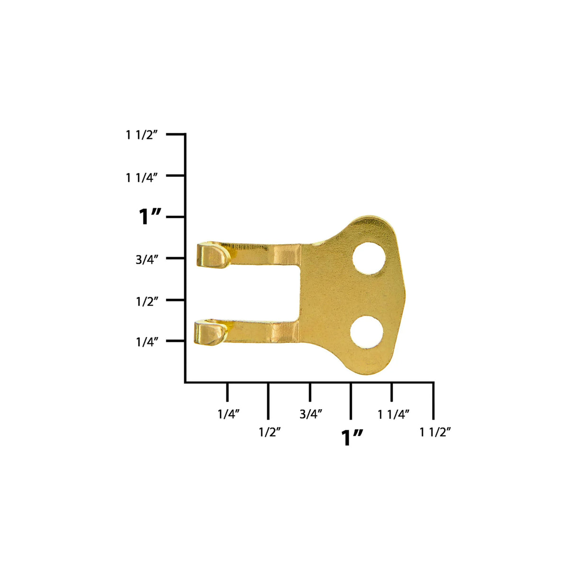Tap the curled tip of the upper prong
pos(213,255)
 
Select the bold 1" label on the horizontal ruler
pos(352,438)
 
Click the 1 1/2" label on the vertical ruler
pos(141,135)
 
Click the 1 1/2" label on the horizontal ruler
pos(435,432)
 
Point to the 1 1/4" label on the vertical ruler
pos(141,178)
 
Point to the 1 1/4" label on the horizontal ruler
pos(393,414)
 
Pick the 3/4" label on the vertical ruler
pos(147,260)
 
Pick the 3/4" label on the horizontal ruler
pos(311,414)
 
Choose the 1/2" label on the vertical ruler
pos(147,301)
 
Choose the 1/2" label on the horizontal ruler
pos(270,432)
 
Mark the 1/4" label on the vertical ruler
pos(147,342)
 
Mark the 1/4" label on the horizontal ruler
pos(228,414)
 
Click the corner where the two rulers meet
pos(185,382)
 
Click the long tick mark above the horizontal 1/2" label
pos(269,401)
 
